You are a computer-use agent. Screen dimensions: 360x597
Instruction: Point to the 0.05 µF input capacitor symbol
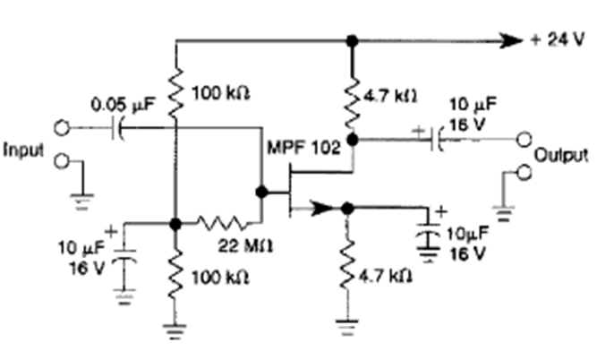pos(119,128)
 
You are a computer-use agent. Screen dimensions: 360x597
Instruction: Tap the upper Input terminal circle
pos(62,128)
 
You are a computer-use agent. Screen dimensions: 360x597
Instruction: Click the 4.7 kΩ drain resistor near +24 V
pos(353,98)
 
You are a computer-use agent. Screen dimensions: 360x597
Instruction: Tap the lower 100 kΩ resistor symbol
pos(176,274)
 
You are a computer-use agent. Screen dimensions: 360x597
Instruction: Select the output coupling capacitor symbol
pos(435,141)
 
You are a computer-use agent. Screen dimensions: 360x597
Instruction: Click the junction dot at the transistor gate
pos(262,192)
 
